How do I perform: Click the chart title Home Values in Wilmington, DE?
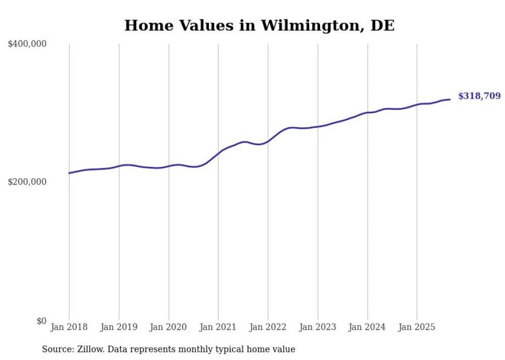(x=259, y=25)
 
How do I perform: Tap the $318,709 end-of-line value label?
(x=479, y=96)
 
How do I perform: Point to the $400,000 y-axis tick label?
(x=27, y=44)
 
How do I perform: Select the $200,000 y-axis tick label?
(x=27, y=182)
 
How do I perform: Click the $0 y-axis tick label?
(x=41, y=321)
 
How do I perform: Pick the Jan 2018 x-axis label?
(x=69, y=327)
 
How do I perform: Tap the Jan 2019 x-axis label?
(x=119, y=327)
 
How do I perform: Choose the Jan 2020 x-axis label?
(x=169, y=327)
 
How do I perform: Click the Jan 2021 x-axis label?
(x=218, y=327)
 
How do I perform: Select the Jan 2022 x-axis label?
(x=268, y=327)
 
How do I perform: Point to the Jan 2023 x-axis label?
(x=317, y=327)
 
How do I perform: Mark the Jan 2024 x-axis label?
(x=367, y=327)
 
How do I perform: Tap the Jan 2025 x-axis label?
(x=417, y=327)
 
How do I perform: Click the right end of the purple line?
(x=450, y=99)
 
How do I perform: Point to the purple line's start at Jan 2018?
(x=69, y=173)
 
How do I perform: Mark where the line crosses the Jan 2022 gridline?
(x=268, y=141)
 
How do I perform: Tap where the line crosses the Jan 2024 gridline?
(x=367, y=112)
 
